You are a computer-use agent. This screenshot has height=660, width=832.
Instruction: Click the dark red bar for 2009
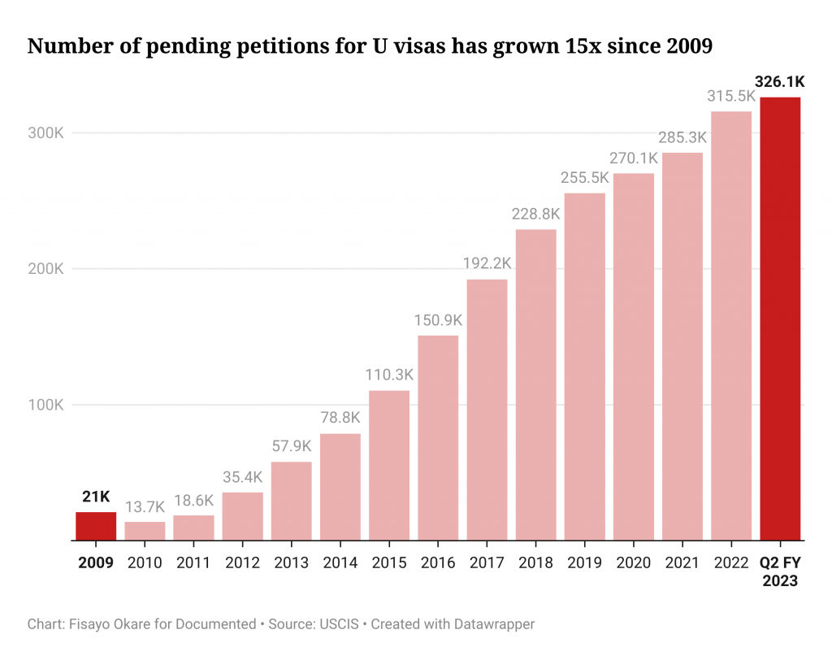(x=96, y=526)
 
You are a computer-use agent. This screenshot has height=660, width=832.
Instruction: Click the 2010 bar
(x=145, y=531)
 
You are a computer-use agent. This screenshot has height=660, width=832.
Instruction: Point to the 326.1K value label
(x=780, y=82)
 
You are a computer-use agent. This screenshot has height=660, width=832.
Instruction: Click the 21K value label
(x=96, y=497)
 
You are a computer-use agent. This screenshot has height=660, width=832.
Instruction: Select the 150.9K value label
(x=438, y=320)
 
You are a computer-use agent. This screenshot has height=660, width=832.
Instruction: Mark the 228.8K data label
(x=535, y=215)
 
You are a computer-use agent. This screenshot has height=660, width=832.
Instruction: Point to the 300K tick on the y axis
(x=45, y=133)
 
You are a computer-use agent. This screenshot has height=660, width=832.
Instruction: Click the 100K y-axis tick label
(x=45, y=405)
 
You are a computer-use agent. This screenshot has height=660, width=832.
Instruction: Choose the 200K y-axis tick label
(x=45, y=269)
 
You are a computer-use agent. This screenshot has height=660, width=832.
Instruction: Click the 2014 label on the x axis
(x=340, y=562)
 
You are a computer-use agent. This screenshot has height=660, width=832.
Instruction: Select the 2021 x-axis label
(x=682, y=562)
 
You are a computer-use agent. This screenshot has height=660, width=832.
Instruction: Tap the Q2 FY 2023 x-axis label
(x=780, y=571)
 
